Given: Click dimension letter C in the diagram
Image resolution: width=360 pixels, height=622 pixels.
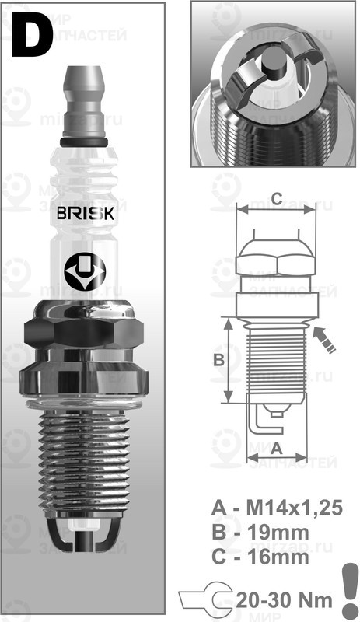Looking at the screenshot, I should [275, 196].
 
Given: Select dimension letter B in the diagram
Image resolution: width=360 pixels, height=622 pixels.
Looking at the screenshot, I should [219, 359].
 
